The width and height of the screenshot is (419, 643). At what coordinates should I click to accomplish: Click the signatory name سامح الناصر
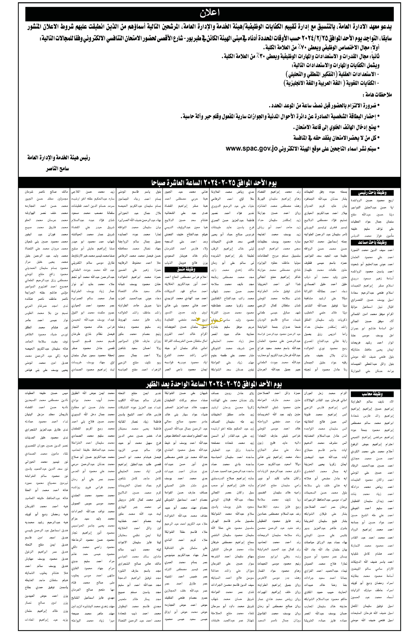point(57,169)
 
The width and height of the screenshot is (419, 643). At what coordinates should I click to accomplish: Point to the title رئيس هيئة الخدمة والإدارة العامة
point(59,158)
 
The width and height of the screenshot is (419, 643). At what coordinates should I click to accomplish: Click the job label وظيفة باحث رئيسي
point(372,193)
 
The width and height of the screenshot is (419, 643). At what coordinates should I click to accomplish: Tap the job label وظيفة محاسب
point(372,394)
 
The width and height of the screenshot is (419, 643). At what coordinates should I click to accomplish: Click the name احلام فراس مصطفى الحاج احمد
point(186,277)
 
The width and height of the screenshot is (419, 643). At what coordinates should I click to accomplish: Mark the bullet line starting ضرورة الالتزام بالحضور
point(324,105)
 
